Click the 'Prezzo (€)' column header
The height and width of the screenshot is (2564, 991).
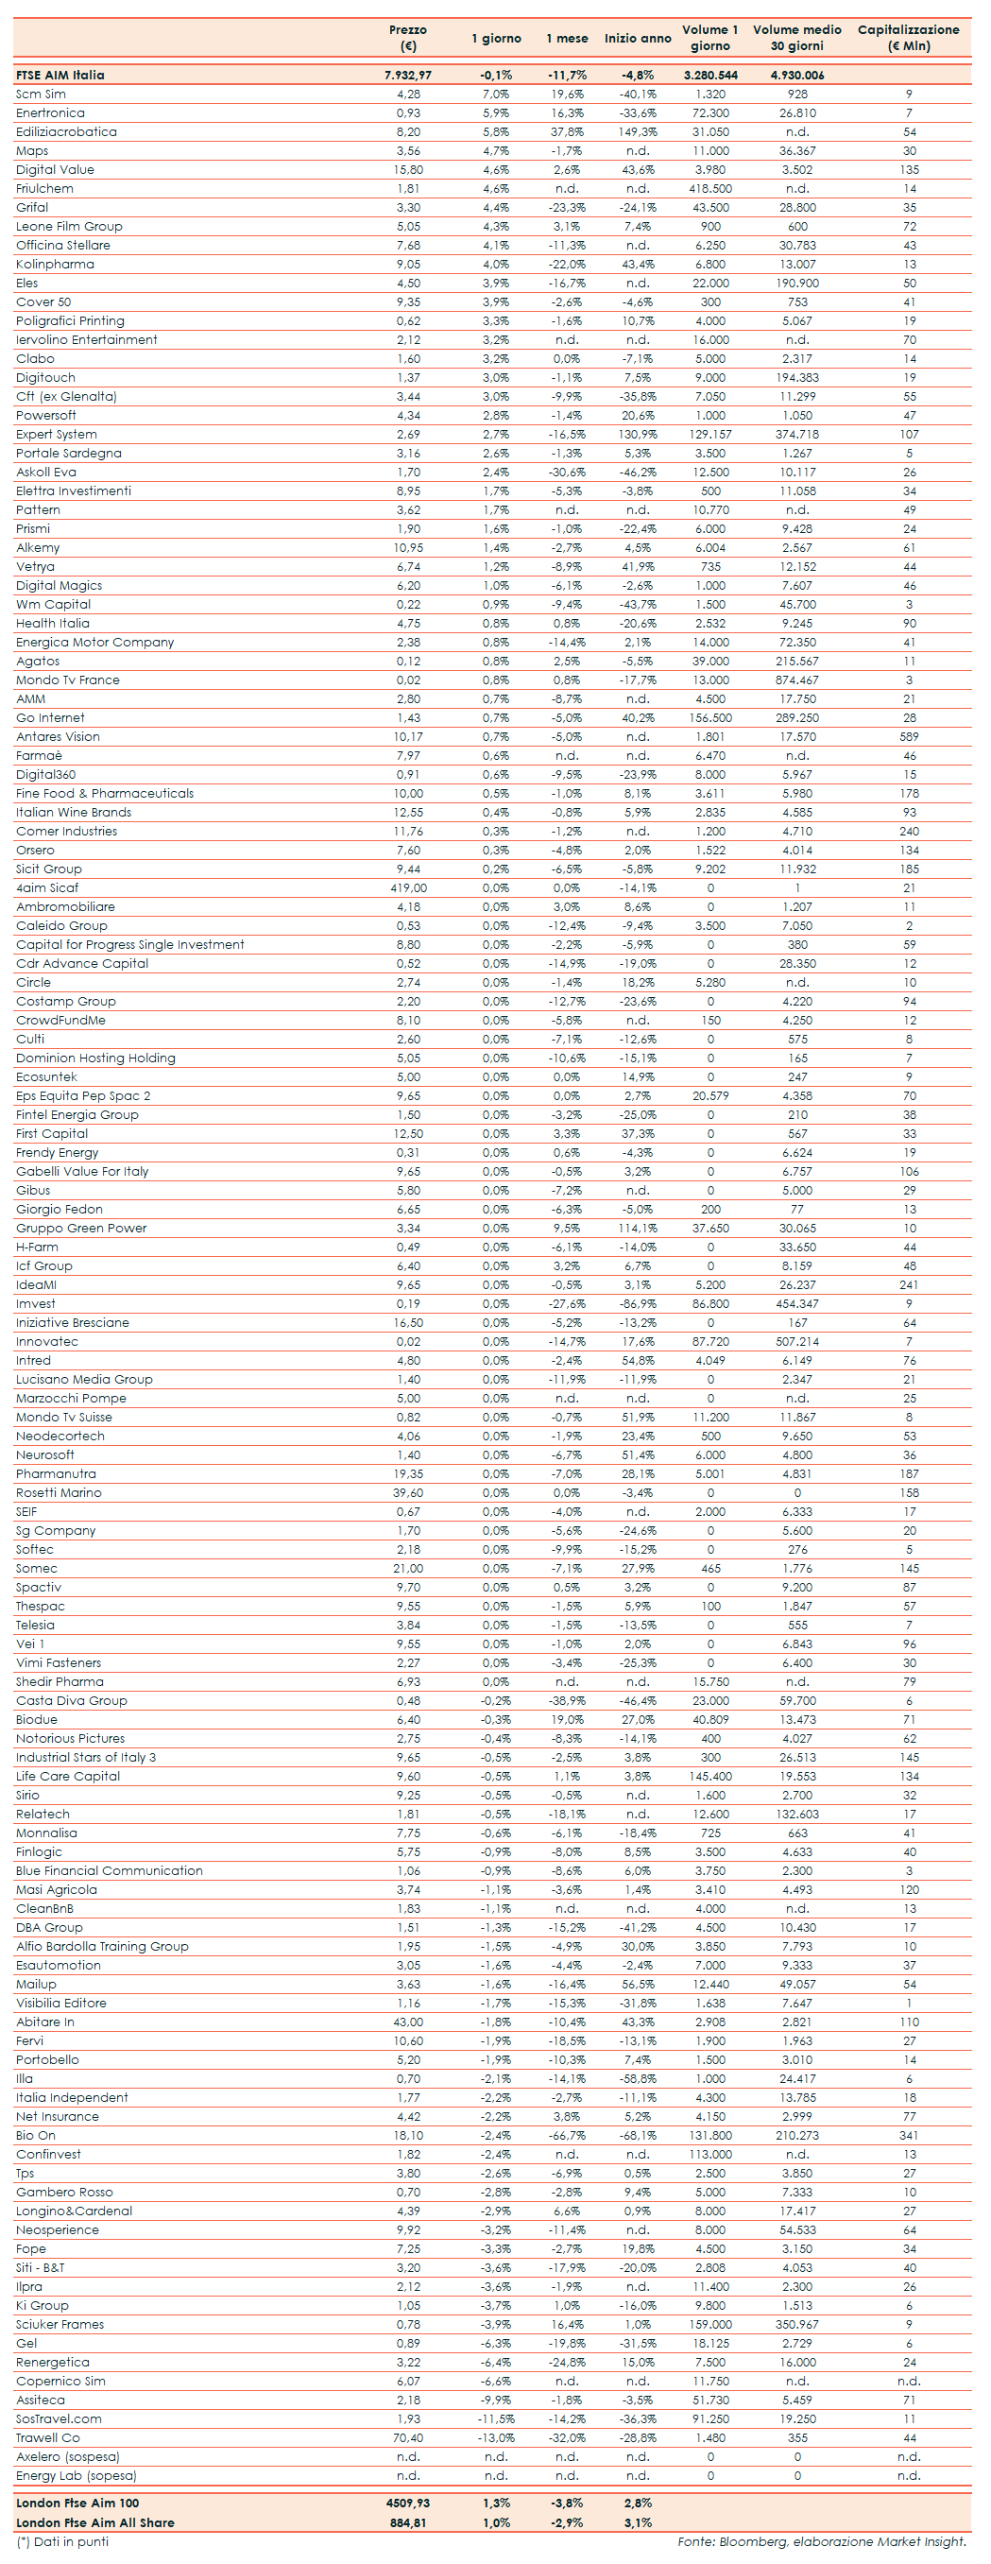pyautogui.click(x=408, y=38)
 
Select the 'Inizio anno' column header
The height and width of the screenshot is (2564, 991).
pyautogui.click(x=637, y=39)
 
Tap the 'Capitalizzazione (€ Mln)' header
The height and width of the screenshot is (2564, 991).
pyautogui.click(x=909, y=38)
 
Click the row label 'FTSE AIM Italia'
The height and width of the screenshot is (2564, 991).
pyautogui.click(x=60, y=75)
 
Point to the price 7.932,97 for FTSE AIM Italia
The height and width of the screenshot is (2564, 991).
pyautogui.click(x=408, y=75)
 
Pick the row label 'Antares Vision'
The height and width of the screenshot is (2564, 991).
pyautogui.click(x=58, y=736)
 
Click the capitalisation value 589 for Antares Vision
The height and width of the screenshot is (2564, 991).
pyautogui.click(x=909, y=736)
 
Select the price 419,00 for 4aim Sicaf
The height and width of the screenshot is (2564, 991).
pyautogui.click(x=408, y=887)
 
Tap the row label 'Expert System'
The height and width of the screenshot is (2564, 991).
pyautogui.click(x=57, y=434)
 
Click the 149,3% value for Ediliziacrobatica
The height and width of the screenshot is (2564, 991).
pyautogui.click(x=637, y=131)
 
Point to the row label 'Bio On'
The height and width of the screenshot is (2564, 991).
pyautogui.click(x=36, y=2135)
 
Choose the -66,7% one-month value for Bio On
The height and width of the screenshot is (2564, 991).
pyautogui.click(x=566, y=2135)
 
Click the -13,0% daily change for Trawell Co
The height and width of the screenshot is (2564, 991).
pyautogui.click(x=495, y=2437)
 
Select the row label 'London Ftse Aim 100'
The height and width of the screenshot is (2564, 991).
pyautogui.click(x=77, y=2503)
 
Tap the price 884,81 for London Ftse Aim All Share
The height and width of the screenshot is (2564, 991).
pyautogui.click(x=408, y=2522)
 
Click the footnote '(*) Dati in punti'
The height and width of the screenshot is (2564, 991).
pyautogui.click(x=63, y=2541)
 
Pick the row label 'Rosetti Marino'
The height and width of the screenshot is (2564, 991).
pyautogui.click(x=59, y=1492)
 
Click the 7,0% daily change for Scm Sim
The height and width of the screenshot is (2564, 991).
pyautogui.click(x=495, y=94)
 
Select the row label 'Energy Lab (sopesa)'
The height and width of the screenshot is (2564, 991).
pyautogui.click(x=77, y=2475)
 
